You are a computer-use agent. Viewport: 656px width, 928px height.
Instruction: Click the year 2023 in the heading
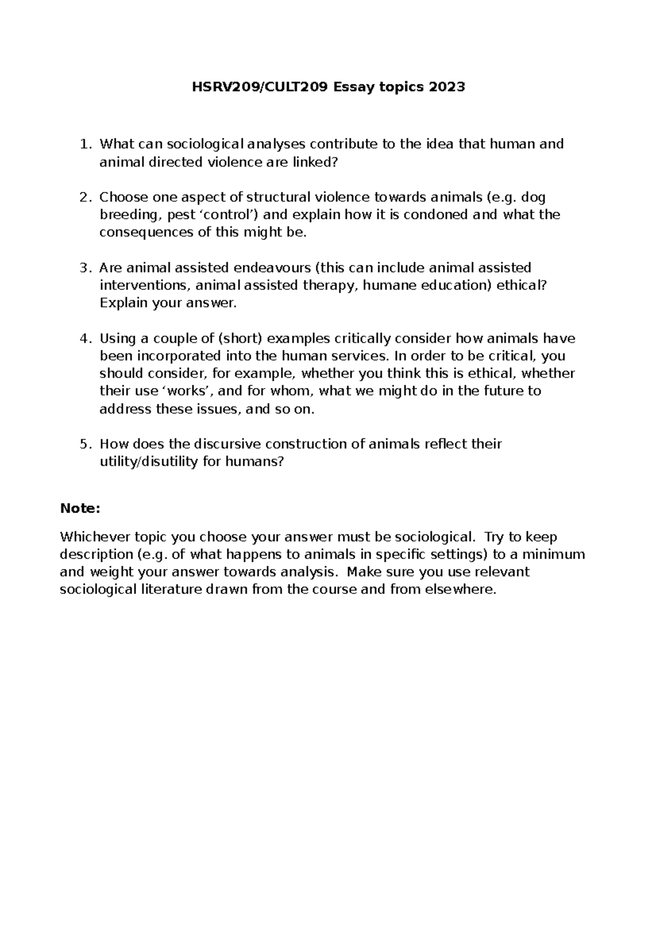(x=447, y=87)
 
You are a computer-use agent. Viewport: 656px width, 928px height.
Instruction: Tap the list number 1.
(x=84, y=144)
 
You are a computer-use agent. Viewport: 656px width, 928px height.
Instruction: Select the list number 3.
(x=84, y=268)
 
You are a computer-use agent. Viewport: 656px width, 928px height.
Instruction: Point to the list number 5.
(x=84, y=444)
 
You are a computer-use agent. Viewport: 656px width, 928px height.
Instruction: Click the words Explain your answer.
(x=168, y=303)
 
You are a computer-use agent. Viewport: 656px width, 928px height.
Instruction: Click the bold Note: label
(x=80, y=508)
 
